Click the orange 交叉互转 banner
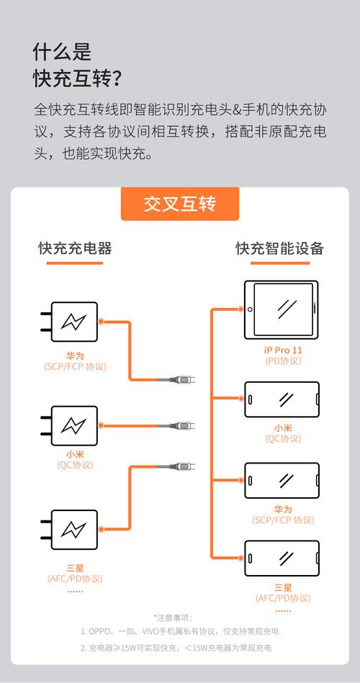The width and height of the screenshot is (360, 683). (x=180, y=204)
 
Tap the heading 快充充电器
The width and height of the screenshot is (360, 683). (x=75, y=248)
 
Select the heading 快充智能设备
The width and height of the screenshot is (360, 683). (x=280, y=248)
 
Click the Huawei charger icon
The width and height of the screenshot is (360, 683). (x=70, y=322)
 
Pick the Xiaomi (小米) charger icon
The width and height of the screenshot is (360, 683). (x=70, y=425)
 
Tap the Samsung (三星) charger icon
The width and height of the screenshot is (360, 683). (x=70, y=530)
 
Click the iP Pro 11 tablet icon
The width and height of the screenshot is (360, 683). (x=281, y=309)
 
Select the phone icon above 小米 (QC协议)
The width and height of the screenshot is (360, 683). (x=282, y=399)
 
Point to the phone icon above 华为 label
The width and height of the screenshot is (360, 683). (x=282, y=481)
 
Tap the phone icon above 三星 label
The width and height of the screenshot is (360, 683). (x=282, y=558)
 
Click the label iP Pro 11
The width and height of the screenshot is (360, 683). (x=283, y=350)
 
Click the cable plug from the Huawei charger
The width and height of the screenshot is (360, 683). (x=182, y=380)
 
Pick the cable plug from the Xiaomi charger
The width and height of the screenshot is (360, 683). (x=182, y=425)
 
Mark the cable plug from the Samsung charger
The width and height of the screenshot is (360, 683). (x=182, y=466)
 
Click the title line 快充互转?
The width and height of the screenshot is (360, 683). (x=77, y=79)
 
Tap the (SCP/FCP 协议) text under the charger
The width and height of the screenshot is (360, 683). (x=75, y=366)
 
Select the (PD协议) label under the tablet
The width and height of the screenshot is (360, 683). (x=283, y=361)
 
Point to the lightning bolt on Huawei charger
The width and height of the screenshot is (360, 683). (x=73, y=322)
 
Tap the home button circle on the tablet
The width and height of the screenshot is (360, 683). (x=250, y=309)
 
